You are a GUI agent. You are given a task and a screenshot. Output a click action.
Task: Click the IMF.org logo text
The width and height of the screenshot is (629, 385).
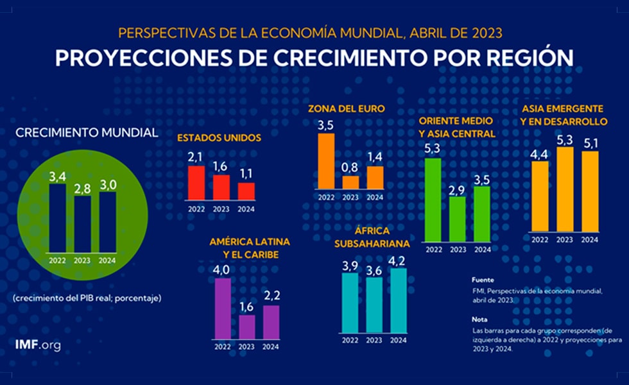[x=38, y=345]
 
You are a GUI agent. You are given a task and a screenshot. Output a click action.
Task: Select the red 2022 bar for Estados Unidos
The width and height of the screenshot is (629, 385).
[x=196, y=183]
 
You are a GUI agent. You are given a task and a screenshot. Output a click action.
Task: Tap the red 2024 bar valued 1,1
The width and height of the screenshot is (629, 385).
[x=246, y=191]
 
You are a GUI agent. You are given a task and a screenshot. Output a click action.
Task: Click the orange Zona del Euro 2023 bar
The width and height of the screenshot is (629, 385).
[x=350, y=182]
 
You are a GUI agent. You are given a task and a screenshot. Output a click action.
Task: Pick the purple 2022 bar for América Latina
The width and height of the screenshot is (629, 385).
[x=223, y=308]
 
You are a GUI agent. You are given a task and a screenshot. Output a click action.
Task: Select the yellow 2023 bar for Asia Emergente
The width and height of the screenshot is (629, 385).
[x=565, y=189]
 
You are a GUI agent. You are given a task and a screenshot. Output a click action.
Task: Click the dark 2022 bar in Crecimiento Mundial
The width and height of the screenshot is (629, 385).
[x=58, y=220]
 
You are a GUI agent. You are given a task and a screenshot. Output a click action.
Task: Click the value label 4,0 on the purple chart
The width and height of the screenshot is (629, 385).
[x=222, y=269]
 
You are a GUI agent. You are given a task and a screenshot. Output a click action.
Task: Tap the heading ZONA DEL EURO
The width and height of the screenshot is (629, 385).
[x=347, y=108]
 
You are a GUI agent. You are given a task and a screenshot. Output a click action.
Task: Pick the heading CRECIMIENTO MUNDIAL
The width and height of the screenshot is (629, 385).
[x=86, y=132]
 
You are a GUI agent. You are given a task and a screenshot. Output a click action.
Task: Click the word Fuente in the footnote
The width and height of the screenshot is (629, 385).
[x=482, y=280]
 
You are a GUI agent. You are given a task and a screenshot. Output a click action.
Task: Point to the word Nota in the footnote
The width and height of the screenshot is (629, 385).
[x=479, y=319]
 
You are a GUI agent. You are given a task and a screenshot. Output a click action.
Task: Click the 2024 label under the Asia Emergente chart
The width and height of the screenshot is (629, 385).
[x=589, y=240]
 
